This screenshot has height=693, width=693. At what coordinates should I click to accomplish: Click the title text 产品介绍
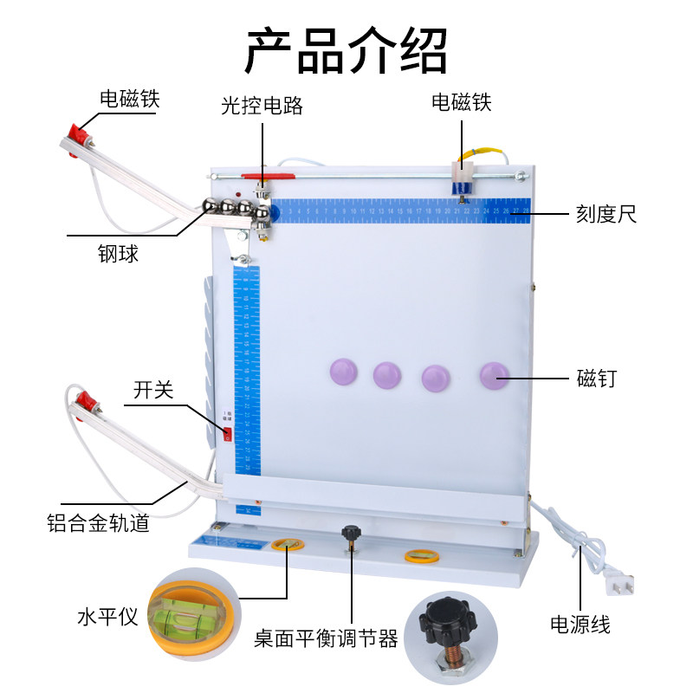point(346,49)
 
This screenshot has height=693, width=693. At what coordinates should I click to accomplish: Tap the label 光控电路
point(262,106)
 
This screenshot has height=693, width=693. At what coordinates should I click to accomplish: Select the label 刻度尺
point(606,214)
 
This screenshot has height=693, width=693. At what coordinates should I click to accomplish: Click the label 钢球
point(119,255)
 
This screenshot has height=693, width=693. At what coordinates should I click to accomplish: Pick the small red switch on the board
point(228,433)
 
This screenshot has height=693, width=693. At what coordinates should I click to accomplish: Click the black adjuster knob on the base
point(351,533)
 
